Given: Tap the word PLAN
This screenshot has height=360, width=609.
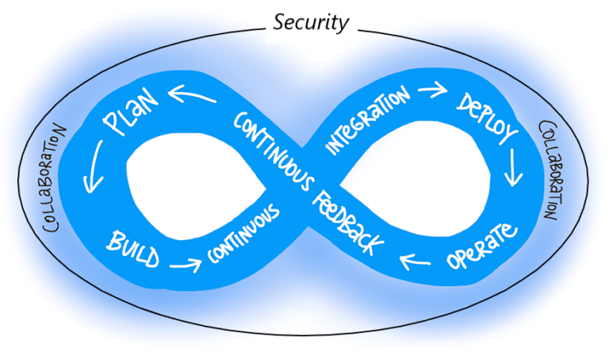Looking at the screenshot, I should point(132,117).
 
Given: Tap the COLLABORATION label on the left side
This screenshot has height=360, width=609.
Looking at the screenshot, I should point(56,178).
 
